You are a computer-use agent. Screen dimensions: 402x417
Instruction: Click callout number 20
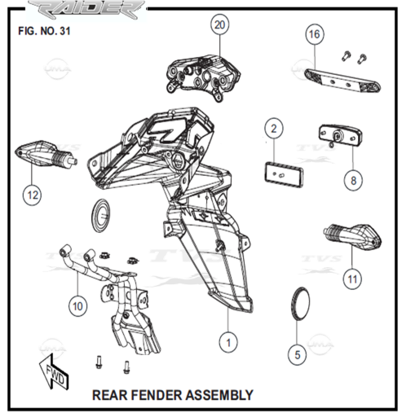point(220,25)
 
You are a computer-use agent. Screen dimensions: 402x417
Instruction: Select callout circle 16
point(315,34)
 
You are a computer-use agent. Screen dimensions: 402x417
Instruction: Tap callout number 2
point(274,129)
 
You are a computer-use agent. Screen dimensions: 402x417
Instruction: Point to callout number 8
point(353,181)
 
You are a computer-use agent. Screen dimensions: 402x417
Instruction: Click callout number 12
point(33,195)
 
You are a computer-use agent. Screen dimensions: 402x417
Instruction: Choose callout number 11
point(352,279)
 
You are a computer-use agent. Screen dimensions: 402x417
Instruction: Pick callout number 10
point(77,306)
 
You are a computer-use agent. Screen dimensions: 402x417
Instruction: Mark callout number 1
point(228,343)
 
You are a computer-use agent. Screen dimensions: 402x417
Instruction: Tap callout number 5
point(298,355)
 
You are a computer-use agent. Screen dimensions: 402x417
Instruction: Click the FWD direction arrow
point(54,371)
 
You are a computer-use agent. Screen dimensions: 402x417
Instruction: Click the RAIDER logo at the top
point(86,11)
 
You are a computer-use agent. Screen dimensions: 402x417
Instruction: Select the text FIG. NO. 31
point(44,31)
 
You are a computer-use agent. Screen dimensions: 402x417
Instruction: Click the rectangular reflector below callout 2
point(284,174)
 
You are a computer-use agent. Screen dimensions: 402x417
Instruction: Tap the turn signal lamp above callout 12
point(46,154)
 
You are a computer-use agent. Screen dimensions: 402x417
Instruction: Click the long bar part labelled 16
point(342,81)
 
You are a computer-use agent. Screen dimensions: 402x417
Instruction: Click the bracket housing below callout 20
point(203,77)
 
